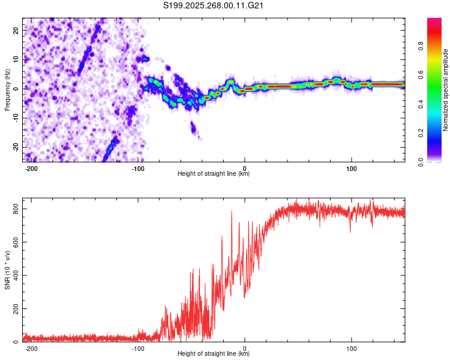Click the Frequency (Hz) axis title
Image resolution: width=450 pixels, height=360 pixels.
coord(7,89)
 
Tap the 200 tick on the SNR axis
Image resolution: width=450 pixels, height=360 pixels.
coord(14,309)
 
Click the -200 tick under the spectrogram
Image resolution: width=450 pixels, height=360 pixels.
coord(32,167)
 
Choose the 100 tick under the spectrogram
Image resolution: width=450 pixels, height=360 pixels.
coord(351,167)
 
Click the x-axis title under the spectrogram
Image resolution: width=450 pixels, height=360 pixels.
coord(214,174)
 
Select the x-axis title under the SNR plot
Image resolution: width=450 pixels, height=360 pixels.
coord(214,354)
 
